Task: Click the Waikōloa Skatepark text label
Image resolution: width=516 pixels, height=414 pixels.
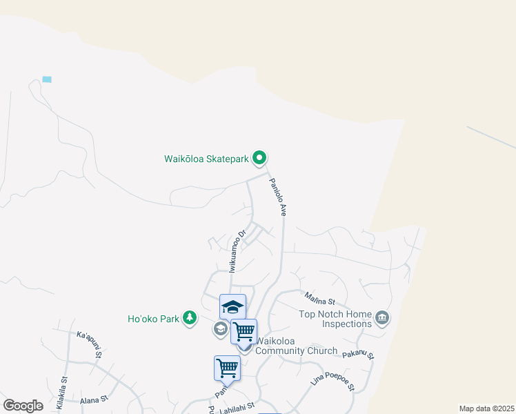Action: click(x=206, y=159)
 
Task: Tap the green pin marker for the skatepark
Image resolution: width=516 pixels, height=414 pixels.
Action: click(x=259, y=159)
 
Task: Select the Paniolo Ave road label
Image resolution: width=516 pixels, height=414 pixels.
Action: click(x=277, y=197)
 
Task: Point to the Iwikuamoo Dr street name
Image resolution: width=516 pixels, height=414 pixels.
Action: click(x=237, y=250)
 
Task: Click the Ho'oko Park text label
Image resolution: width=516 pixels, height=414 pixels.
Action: click(x=153, y=319)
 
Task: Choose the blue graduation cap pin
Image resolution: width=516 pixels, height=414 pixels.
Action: click(x=232, y=307)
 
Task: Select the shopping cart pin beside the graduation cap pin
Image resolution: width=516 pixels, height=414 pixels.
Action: click(x=244, y=331)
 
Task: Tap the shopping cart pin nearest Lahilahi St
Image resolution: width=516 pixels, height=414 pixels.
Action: click(x=227, y=368)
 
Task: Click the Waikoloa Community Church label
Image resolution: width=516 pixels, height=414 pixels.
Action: click(x=297, y=345)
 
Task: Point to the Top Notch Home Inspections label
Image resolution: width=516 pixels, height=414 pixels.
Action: click(x=335, y=318)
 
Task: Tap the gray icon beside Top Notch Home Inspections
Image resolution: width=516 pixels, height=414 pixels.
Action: click(x=382, y=318)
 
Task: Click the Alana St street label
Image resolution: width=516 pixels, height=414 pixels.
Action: click(x=94, y=400)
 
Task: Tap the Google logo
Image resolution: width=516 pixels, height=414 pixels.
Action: click(x=23, y=406)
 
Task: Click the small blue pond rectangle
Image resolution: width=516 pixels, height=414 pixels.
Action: click(x=47, y=79)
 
